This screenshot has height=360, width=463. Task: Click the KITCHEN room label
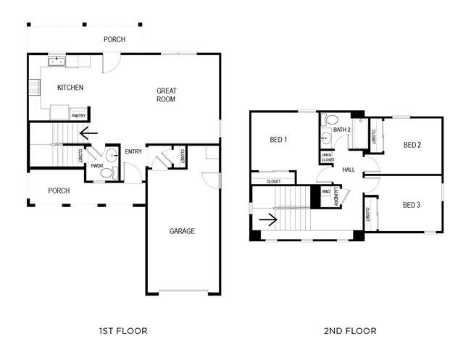[70, 88]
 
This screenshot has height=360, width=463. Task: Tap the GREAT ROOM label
[166, 95]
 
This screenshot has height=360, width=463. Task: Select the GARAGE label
[182, 231]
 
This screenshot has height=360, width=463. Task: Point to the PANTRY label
[78, 116]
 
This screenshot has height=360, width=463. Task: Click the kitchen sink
[57, 62]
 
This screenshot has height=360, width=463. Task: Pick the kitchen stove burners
[35, 88]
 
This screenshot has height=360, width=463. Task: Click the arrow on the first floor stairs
[88, 133]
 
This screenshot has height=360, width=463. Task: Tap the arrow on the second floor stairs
[268, 219]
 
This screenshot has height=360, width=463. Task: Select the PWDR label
[97, 166]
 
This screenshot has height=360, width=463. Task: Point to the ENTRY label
[133, 151]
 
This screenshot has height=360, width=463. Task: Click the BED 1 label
[278, 140]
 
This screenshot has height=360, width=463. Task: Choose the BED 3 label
[412, 205]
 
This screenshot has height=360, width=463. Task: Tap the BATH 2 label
[342, 130]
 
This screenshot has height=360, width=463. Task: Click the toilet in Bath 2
[330, 120]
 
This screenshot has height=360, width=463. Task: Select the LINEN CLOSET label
[328, 157]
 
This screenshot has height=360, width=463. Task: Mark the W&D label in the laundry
[326, 191]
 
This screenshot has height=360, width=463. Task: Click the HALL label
[349, 169]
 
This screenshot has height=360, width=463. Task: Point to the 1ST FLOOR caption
[123, 331]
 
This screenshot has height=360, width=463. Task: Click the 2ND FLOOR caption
[350, 331]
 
